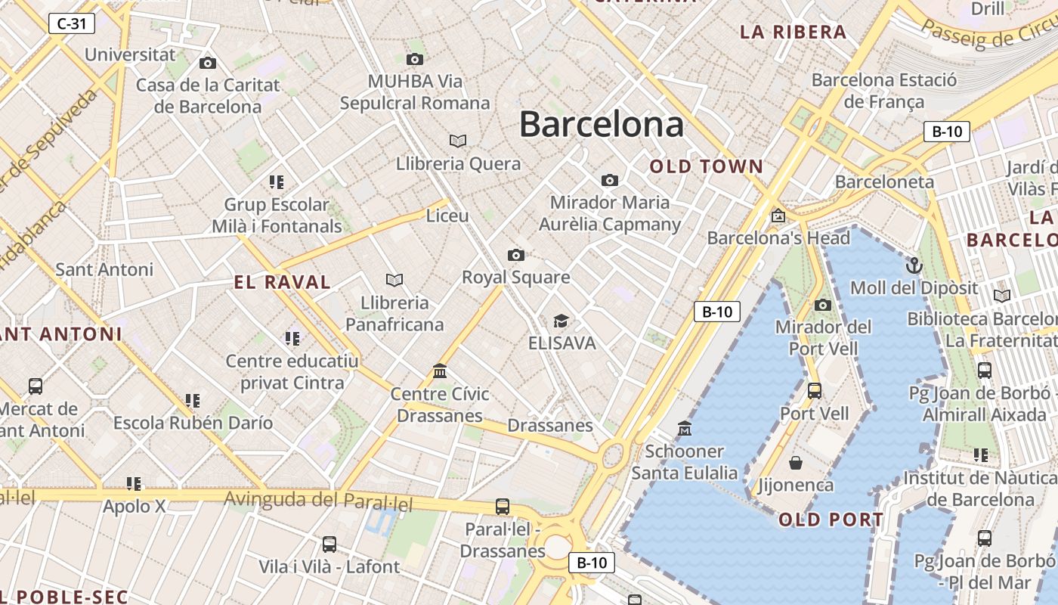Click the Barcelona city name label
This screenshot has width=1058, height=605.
coord(602,124)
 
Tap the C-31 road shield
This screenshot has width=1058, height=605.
coord(72,23)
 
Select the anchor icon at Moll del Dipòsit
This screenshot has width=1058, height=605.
coord(914,265)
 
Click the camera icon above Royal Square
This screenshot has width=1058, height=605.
coord(516,255)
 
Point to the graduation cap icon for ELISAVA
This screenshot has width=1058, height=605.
coord(561,321)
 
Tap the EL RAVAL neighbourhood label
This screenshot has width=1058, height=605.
coord(283,283)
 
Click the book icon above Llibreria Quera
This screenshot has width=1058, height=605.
coord(458,141)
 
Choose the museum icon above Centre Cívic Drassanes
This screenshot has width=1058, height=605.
coord(440,371)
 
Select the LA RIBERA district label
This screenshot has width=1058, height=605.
coord(793,32)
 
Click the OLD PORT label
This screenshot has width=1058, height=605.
coord(831,520)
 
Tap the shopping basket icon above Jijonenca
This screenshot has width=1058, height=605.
coord(795,462)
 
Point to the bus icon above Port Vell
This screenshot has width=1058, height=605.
coord(815,391)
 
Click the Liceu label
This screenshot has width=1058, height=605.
coord(447,216)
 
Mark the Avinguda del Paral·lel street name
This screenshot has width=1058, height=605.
coord(319,500)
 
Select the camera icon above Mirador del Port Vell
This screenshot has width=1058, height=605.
coord(823,305)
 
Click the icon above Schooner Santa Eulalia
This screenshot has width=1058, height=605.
coord(685,429)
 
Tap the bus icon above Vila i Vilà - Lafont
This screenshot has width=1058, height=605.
coord(329,544)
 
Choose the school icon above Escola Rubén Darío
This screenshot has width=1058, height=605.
coord(193,400)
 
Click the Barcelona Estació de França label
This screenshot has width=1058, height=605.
coord(883,90)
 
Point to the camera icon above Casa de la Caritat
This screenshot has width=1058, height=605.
coord(208,63)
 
